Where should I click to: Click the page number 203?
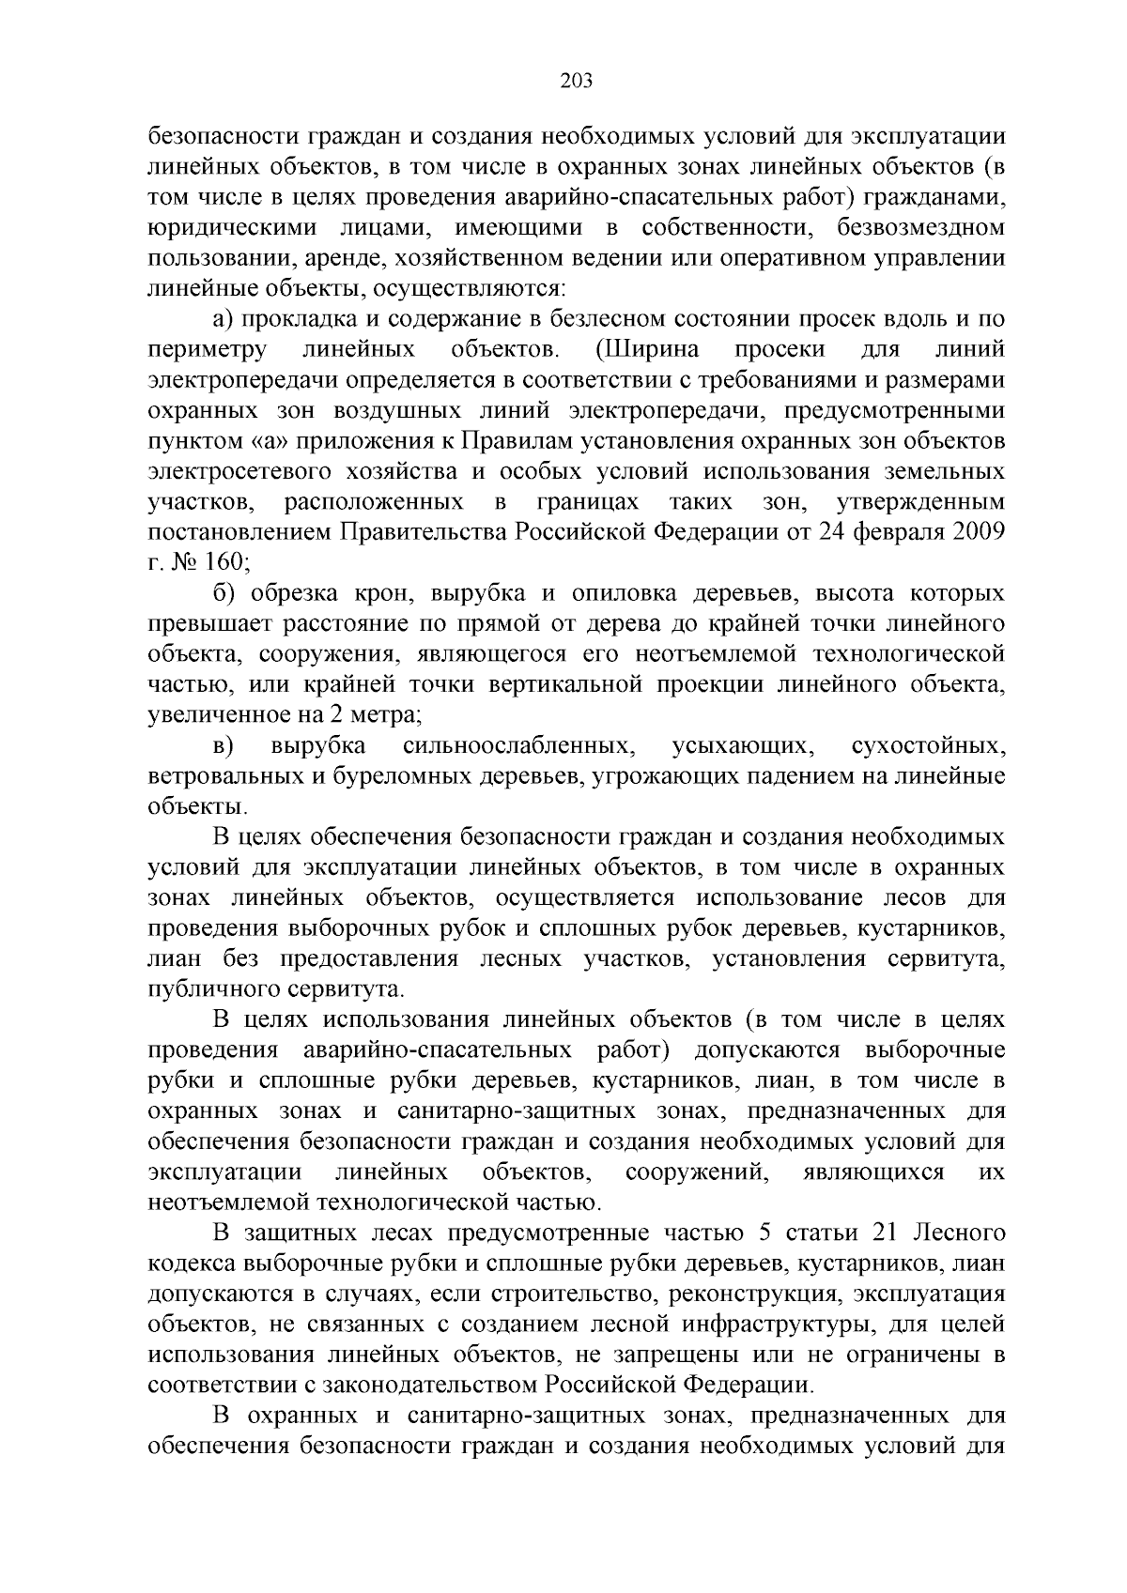[576, 82]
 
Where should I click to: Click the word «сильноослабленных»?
[517, 746]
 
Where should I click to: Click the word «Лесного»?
[959, 1233]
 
